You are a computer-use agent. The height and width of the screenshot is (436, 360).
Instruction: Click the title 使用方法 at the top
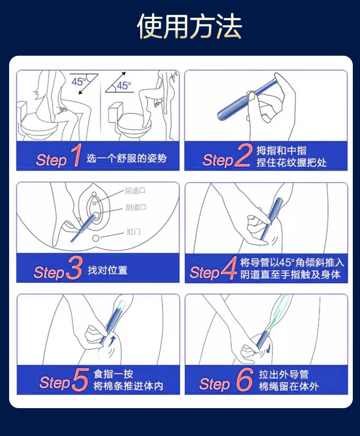point(189,26)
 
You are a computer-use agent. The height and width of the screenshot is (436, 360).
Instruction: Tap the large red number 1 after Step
point(76,155)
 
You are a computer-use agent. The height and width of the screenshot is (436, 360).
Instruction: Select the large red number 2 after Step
point(243,156)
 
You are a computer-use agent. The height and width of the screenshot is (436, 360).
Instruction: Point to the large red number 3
point(74,267)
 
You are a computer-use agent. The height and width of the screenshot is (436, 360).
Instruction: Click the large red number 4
point(229,268)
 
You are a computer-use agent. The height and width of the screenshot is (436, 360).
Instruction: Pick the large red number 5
point(81,379)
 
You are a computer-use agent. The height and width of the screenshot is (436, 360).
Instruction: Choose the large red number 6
point(245,379)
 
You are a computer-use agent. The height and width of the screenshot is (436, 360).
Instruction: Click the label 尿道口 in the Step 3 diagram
point(135,191)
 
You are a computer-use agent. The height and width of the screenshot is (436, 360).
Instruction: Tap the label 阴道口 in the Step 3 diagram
point(136,207)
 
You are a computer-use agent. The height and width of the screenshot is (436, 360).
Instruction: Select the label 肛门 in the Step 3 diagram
point(133,231)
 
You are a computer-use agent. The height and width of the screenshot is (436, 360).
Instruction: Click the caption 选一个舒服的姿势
point(127,158)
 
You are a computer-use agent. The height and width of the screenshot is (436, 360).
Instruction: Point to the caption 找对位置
point(108,270)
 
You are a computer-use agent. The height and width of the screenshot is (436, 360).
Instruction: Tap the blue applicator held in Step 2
point(246,99)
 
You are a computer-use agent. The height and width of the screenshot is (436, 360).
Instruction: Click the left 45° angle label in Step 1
point(79,82)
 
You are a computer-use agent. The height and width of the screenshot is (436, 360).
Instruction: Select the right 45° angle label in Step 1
point(124,85)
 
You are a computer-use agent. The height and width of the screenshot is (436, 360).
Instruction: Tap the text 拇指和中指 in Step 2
point(281,150)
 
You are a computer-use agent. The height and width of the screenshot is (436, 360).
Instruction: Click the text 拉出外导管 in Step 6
point(284,374)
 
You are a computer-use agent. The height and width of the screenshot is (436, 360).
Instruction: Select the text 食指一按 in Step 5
point(113,374)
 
